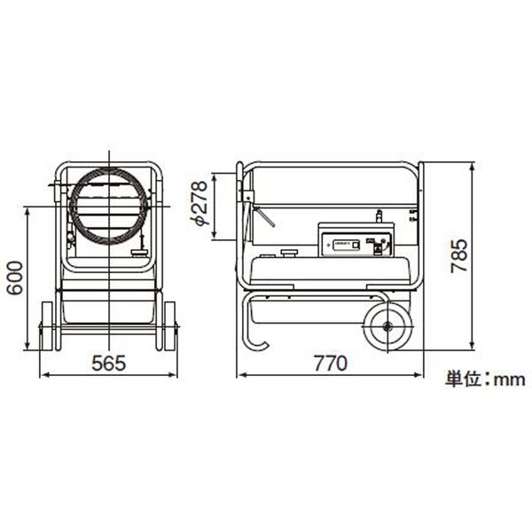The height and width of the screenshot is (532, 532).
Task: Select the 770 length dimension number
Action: tap(329, 364)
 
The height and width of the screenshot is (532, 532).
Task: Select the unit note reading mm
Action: tap(510, 379)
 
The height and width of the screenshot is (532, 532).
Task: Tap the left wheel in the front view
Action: tap(47, 325)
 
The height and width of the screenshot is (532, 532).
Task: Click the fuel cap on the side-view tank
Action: tap(287, 253)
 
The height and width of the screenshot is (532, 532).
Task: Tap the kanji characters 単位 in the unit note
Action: tap(463, 379)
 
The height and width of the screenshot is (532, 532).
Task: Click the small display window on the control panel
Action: tap(343, 244)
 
